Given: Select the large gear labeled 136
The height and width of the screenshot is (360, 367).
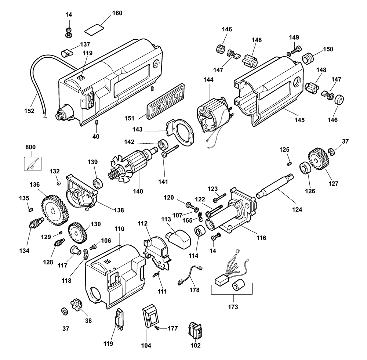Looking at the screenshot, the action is click(x=55, y=210).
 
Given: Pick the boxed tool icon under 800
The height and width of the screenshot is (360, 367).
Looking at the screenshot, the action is click(x=33, y=163).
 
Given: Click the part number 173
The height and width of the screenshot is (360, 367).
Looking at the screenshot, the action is click(x=233, y=307).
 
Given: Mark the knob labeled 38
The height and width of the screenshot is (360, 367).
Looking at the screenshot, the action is click(x=76, y=305).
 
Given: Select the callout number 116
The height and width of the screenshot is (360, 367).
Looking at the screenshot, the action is click(x=261, y=238).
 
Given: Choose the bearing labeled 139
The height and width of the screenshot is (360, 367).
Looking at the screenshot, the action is click(x=98, y=183).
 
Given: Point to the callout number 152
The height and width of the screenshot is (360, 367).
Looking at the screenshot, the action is click(x=29, y=111).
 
